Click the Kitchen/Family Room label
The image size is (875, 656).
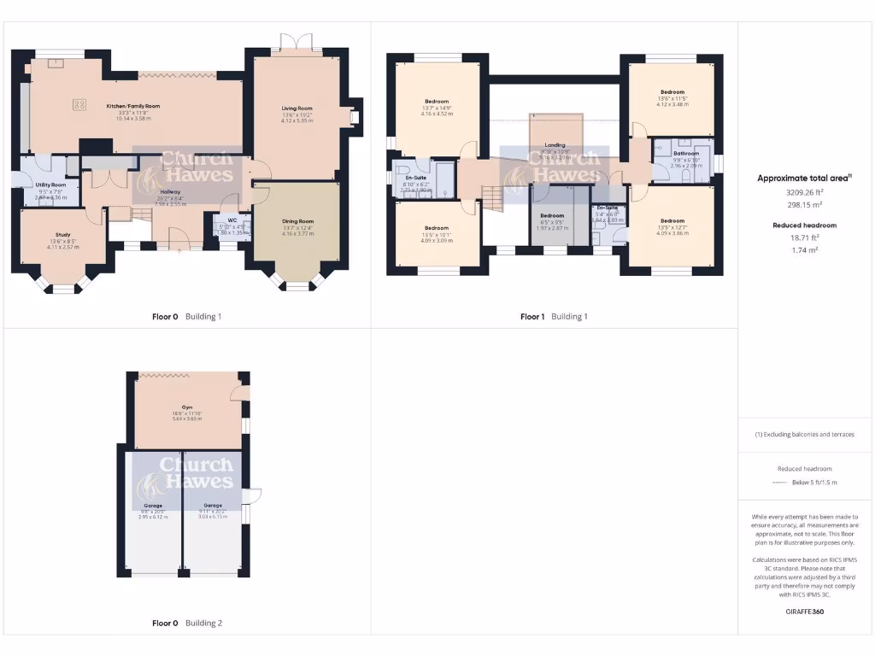132,106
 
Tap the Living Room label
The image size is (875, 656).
297,108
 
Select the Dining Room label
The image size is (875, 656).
297,221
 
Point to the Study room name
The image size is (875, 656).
63,234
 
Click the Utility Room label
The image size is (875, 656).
50,184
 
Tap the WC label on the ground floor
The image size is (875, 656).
232,220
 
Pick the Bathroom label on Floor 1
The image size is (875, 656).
686,153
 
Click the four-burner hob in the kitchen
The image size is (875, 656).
80,104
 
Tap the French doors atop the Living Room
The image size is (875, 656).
297,43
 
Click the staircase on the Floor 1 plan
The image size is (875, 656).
494,200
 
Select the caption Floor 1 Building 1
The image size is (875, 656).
554,317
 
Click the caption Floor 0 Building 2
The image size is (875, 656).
186,624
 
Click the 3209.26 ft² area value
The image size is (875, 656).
804,192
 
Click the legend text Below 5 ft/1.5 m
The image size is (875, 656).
813,483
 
